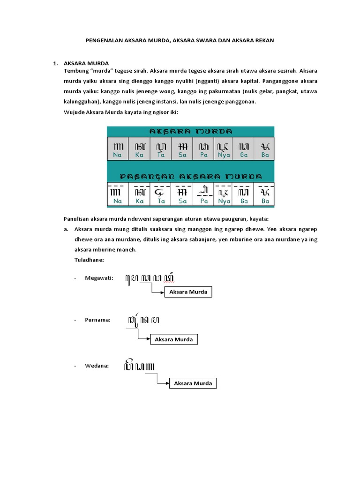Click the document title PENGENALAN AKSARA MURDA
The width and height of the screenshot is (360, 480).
(180, 41)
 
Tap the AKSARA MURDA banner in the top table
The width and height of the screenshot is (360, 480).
(190, 132)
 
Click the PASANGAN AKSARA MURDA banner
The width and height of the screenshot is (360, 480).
(190, 176)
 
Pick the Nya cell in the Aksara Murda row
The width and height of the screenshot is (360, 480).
(224, 149)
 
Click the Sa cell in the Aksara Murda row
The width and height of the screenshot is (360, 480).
(182, 149)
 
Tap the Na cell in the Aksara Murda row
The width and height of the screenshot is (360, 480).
(118, 149)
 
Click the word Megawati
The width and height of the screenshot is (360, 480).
(99, 278)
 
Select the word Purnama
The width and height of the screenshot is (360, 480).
(97, 320)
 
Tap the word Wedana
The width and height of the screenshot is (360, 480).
(97, 366)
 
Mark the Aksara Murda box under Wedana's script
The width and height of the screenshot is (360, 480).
(193, 383)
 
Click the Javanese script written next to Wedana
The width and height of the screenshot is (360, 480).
(140, 365)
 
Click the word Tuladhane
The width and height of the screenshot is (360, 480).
(89, 259)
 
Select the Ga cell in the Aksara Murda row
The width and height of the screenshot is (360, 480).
(244, 149)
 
